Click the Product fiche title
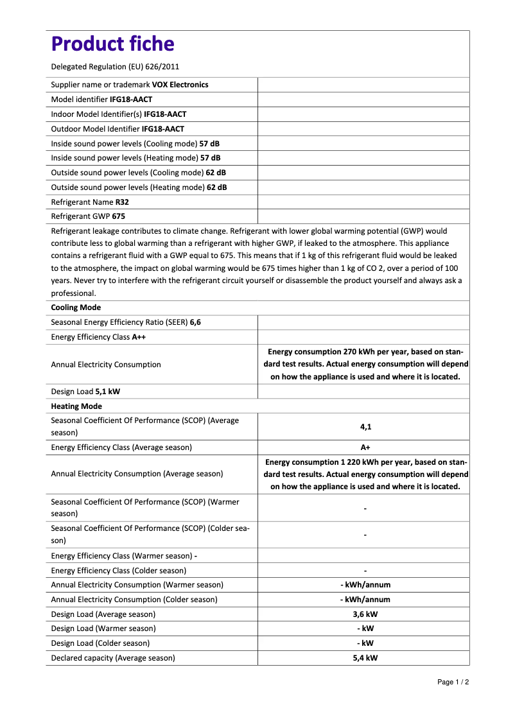[x=112, y=44]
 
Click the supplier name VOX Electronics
[x=180, y=85]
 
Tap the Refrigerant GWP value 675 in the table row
[x=118, y=216]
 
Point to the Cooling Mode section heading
[x=76, y=308]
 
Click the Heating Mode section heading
[x=76, y=406]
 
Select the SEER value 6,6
[x=195, y=322]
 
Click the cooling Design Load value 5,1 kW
[x=107, y=392]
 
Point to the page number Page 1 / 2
[x=453, y=682]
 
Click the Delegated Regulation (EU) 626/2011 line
[x=115, y=67]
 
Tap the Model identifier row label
[x=80, y=100]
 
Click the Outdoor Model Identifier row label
[x=95, y=129]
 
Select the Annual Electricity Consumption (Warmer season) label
[x=137, y=585]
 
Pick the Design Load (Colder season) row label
[x=100, y=643]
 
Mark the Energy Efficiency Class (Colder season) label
[x=118, y=570]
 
